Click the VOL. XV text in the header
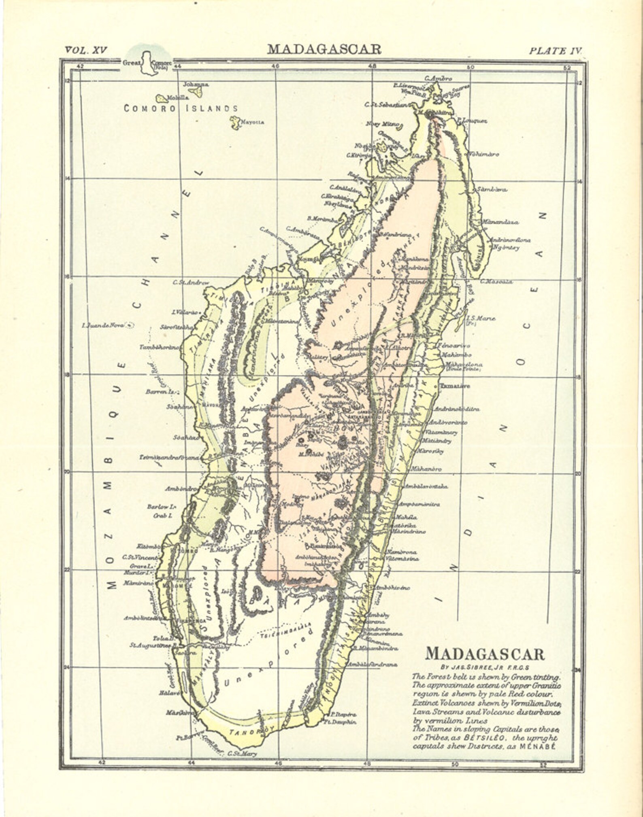pos(85,50)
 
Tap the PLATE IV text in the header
pos(555,51)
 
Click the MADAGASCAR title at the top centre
pos(324,49)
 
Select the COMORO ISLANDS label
pos(181,108)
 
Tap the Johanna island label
pos(196,85)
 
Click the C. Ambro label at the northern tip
pos(438,79)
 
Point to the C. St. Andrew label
pos(191,282)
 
